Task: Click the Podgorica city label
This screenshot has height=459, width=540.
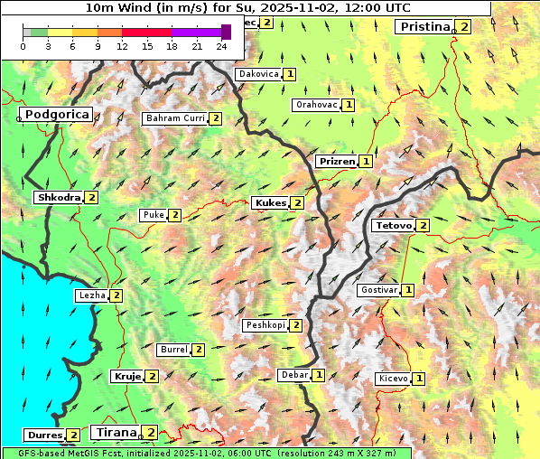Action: pyautogui.click(x=55, y=115)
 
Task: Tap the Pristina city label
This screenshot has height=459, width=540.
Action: pyautogui.click(x=424, y=27)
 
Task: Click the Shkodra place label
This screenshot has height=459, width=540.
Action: pyautogui.click(x=58, y=197)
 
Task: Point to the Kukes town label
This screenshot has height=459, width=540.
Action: pyautogui.click(x=270, y=203)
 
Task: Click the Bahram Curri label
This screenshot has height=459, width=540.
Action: pyautogui.click(x=175, y=118)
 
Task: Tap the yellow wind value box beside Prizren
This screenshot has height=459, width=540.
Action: pyautogui.click(x=366, y=162)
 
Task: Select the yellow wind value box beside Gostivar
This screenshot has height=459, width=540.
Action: pyautogui.click(x=408, y=290)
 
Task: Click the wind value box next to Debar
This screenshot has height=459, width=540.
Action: pyautogui.click(x=319, y=375)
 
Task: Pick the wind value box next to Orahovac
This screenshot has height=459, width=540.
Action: pyautogui.click(x=349, y=105)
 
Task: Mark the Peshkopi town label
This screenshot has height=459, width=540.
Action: pyautogui.click(x=265, y=325)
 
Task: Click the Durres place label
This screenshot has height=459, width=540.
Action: pyautogui.click(x=43, y=436)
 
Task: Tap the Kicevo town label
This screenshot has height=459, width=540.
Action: pyautogui.click(x=394, y=379)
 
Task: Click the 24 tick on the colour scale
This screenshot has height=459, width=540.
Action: pyautogui.click(x=222, y=47)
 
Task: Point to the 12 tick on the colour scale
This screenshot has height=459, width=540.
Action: pyautogui.click(x=122, y=47)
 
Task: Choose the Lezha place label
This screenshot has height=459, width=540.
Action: pyautogui.click(x=92, y=295)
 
